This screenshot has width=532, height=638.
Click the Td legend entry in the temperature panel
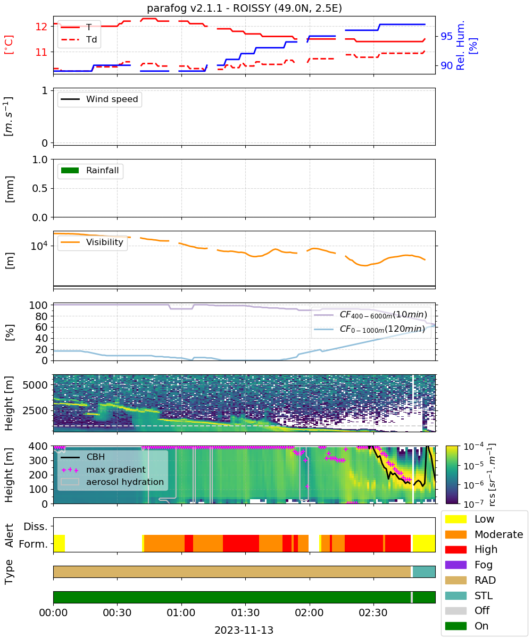click(x=79, y=39)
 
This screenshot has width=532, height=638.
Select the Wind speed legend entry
click(x=99, y=99)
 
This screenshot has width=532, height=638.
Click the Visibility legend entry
click(x=92, y=242)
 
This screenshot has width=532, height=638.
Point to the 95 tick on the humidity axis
click(x=446, y=36)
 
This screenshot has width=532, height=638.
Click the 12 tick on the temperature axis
click(x=41, y=27)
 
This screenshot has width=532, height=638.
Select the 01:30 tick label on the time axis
click(x=245, y=612)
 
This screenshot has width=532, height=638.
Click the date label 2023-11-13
click(x=244, y=630)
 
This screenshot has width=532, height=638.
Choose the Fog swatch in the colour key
click(x=455, y=565)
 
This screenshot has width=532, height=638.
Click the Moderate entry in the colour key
click(x=484, y=534)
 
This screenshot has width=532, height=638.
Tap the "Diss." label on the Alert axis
click(x=36, y=526)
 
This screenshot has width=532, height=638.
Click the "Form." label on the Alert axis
click(x=34, y=544)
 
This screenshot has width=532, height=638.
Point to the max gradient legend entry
click(x=103, y=469)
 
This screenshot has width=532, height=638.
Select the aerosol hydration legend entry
click(x=112, y=482)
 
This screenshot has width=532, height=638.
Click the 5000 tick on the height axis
click(x=35, y=385)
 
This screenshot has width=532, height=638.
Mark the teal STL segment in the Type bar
click(x=424, y=572)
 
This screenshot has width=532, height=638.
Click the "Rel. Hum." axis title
click(x=460, y=45)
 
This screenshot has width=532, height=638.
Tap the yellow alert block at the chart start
click(x=59, y=543)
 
